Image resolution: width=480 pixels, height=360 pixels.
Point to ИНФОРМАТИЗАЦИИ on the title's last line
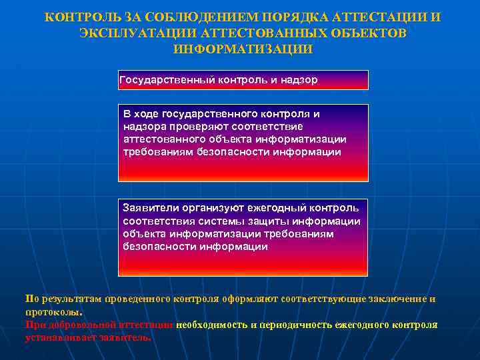click(242, 49)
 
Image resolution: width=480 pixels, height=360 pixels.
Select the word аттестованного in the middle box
click(165, 139)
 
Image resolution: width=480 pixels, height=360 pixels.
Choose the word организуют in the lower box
click(212, 209)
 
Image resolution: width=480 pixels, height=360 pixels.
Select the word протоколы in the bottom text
click(53, 311)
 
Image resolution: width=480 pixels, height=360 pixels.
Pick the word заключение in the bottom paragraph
click(397, 299)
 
